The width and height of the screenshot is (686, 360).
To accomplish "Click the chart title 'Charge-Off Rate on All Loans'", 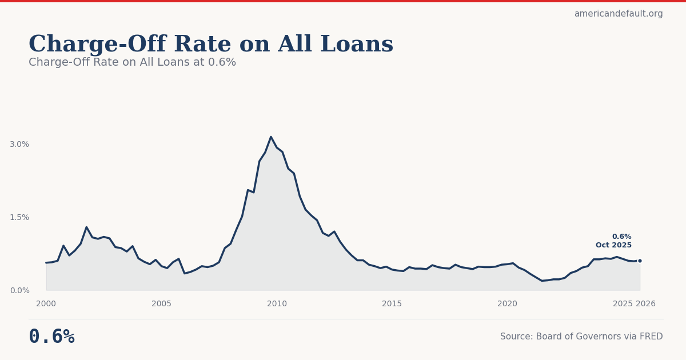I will [x=211, y=45].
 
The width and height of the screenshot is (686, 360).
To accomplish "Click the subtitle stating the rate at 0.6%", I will [x=132, y=62].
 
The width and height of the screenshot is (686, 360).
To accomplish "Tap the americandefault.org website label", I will [x=619, y=14].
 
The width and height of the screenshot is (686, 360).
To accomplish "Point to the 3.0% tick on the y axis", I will [x=19, y=144].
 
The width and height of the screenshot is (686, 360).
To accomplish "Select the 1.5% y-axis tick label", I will [x=19, y=217].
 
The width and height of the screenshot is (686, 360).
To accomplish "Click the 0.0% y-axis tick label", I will [x=19, y=290].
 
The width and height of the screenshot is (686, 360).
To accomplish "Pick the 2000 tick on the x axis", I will [x=46, y=304].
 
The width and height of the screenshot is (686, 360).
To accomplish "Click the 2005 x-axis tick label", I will [x=161, y=304].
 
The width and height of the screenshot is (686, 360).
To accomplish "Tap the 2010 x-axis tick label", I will [x=277, y=304].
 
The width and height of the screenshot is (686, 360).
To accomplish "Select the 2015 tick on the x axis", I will [x=392, y=304].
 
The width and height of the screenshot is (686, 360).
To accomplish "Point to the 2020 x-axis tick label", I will [x=507, y=304].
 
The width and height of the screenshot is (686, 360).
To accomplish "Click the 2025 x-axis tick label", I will [x=623, y=304].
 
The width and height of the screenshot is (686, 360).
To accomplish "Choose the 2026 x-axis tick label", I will [x=646, y=304].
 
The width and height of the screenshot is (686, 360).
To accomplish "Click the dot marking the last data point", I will [x=640, y=261].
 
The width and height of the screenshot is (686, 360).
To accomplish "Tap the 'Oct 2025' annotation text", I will [x=613, y=245].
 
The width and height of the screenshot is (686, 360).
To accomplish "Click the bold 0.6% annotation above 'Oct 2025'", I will [x=621, y=237].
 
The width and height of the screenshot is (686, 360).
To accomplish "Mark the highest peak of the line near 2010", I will [x=271, y=137].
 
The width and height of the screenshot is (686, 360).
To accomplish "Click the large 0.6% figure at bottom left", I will [x=51, y=337].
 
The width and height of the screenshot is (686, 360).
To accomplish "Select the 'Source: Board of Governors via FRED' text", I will [x=581, y=337].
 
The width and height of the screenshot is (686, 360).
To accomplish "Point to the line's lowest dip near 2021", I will [x=542, y=281].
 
